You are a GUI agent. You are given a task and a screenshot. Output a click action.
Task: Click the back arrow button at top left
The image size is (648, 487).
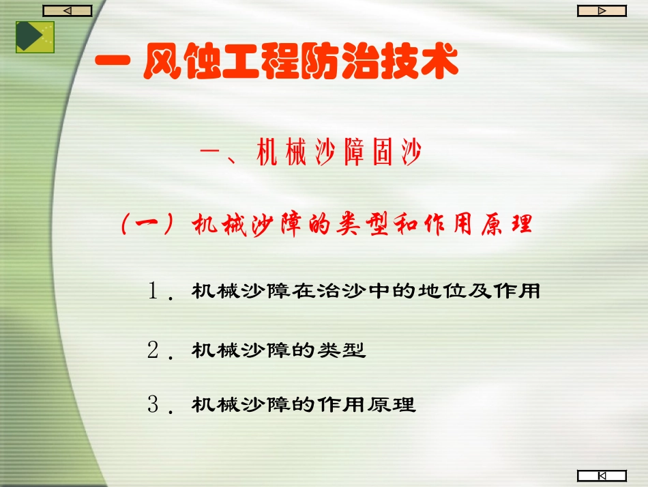click(67, 10)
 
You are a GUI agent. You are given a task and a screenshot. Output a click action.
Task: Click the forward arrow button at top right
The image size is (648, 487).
click(602, 10)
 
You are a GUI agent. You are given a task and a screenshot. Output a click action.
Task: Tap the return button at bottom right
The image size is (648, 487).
click(602, 475)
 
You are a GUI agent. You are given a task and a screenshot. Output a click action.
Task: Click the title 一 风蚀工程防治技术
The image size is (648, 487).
click(277, 64)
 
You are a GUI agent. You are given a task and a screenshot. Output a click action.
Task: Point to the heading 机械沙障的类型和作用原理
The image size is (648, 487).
click(362, 225)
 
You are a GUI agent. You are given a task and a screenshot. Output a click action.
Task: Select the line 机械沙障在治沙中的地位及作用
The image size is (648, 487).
click(366, 292)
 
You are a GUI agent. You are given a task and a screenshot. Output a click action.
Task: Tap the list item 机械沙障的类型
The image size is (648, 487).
click(279, 350)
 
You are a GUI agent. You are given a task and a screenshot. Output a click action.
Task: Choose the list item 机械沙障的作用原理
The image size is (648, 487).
click(304, 404)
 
